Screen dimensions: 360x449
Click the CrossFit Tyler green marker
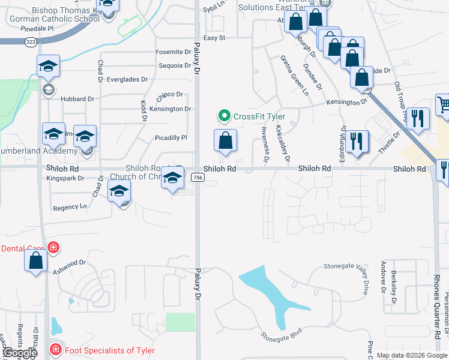click(224, 116)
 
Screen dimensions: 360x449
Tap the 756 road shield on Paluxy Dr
click(197, 178)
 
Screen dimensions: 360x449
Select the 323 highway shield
click(30, 42)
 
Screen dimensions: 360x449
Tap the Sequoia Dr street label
click(175, 65)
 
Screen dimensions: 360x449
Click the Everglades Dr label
click(127, 79)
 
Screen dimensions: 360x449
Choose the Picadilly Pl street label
click(171, 137)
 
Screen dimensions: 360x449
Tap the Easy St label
click(214, 38)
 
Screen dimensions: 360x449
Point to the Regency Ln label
click(70, 207)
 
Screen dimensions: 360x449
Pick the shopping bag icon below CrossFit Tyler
click(225, 141)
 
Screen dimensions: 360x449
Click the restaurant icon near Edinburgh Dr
click(357, 142)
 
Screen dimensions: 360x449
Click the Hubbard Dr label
click(78, 98)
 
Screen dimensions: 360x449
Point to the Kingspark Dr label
click(65, 178)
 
